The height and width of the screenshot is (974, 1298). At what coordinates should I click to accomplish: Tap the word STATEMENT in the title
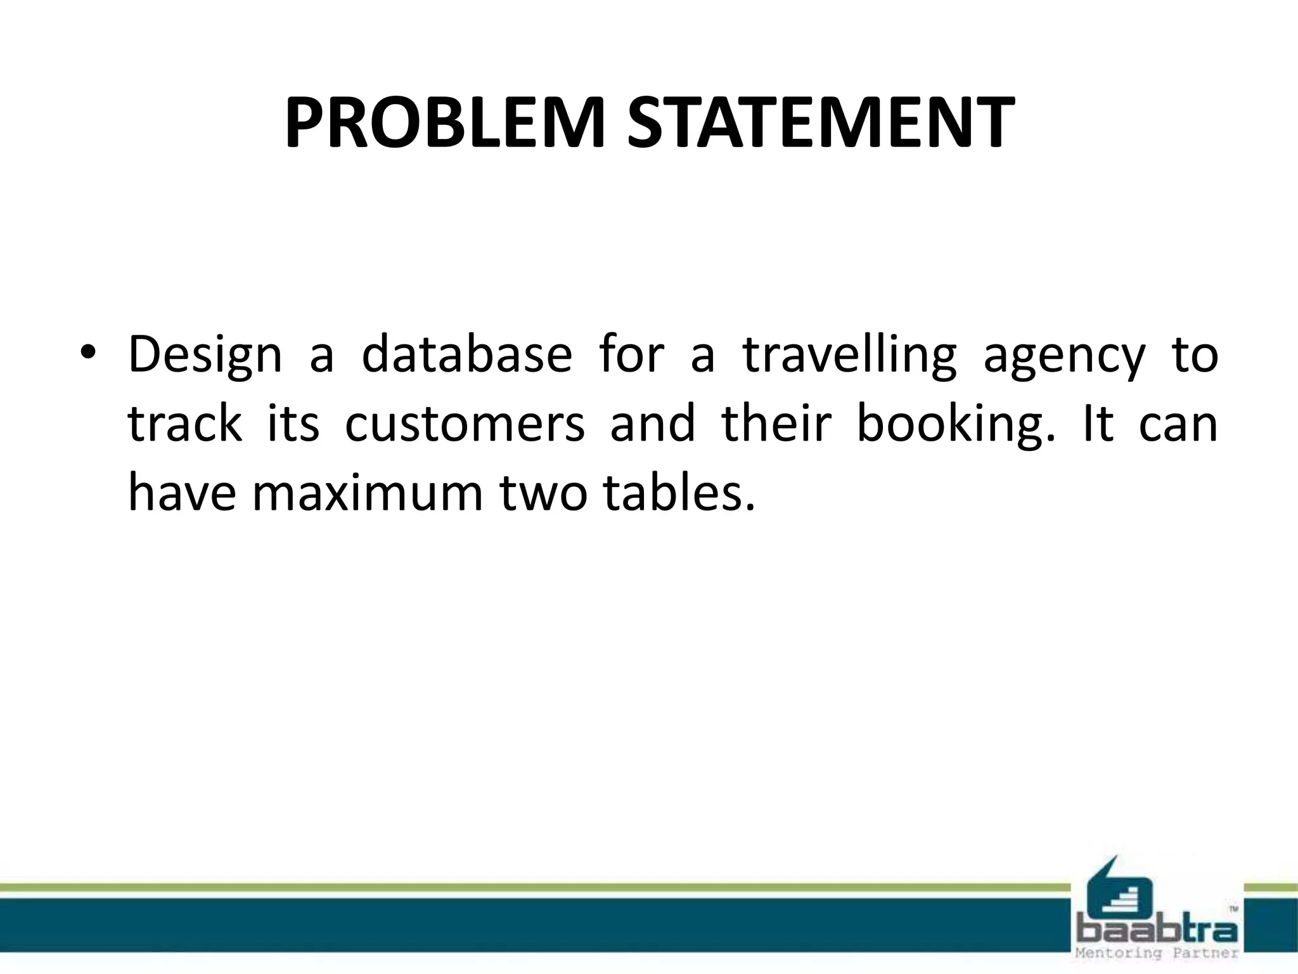(x=817, y=124)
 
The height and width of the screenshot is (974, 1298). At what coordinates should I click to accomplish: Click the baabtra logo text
(x=1157, y=931)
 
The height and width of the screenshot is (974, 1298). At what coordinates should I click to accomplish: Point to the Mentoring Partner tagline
(x=1157, y=953)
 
